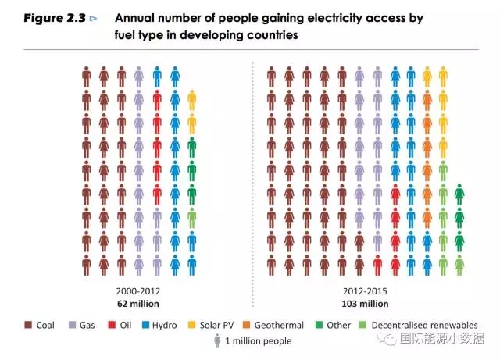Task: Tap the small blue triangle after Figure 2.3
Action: [x=95, y=18]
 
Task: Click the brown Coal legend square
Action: [x=28, y=325]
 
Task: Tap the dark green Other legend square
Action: [x=319, y=325]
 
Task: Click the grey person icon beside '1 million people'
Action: [x=217, y=341]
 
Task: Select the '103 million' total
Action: [x=364, y=303]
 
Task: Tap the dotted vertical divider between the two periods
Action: [x=252, y=172]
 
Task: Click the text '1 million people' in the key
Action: [x=258, y=341]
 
